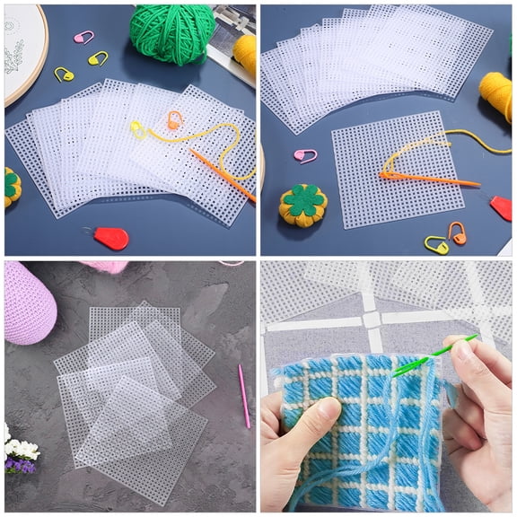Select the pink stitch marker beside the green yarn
[83, 37]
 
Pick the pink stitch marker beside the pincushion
[305, 155]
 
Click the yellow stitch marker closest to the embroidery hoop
[64, 74]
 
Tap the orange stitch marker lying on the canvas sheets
[174, 119]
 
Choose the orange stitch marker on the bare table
[457, 232]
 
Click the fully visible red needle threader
[110, 238]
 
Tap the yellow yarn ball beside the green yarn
[244, 52]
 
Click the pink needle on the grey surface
[243, 395]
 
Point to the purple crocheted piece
[29, 302]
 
